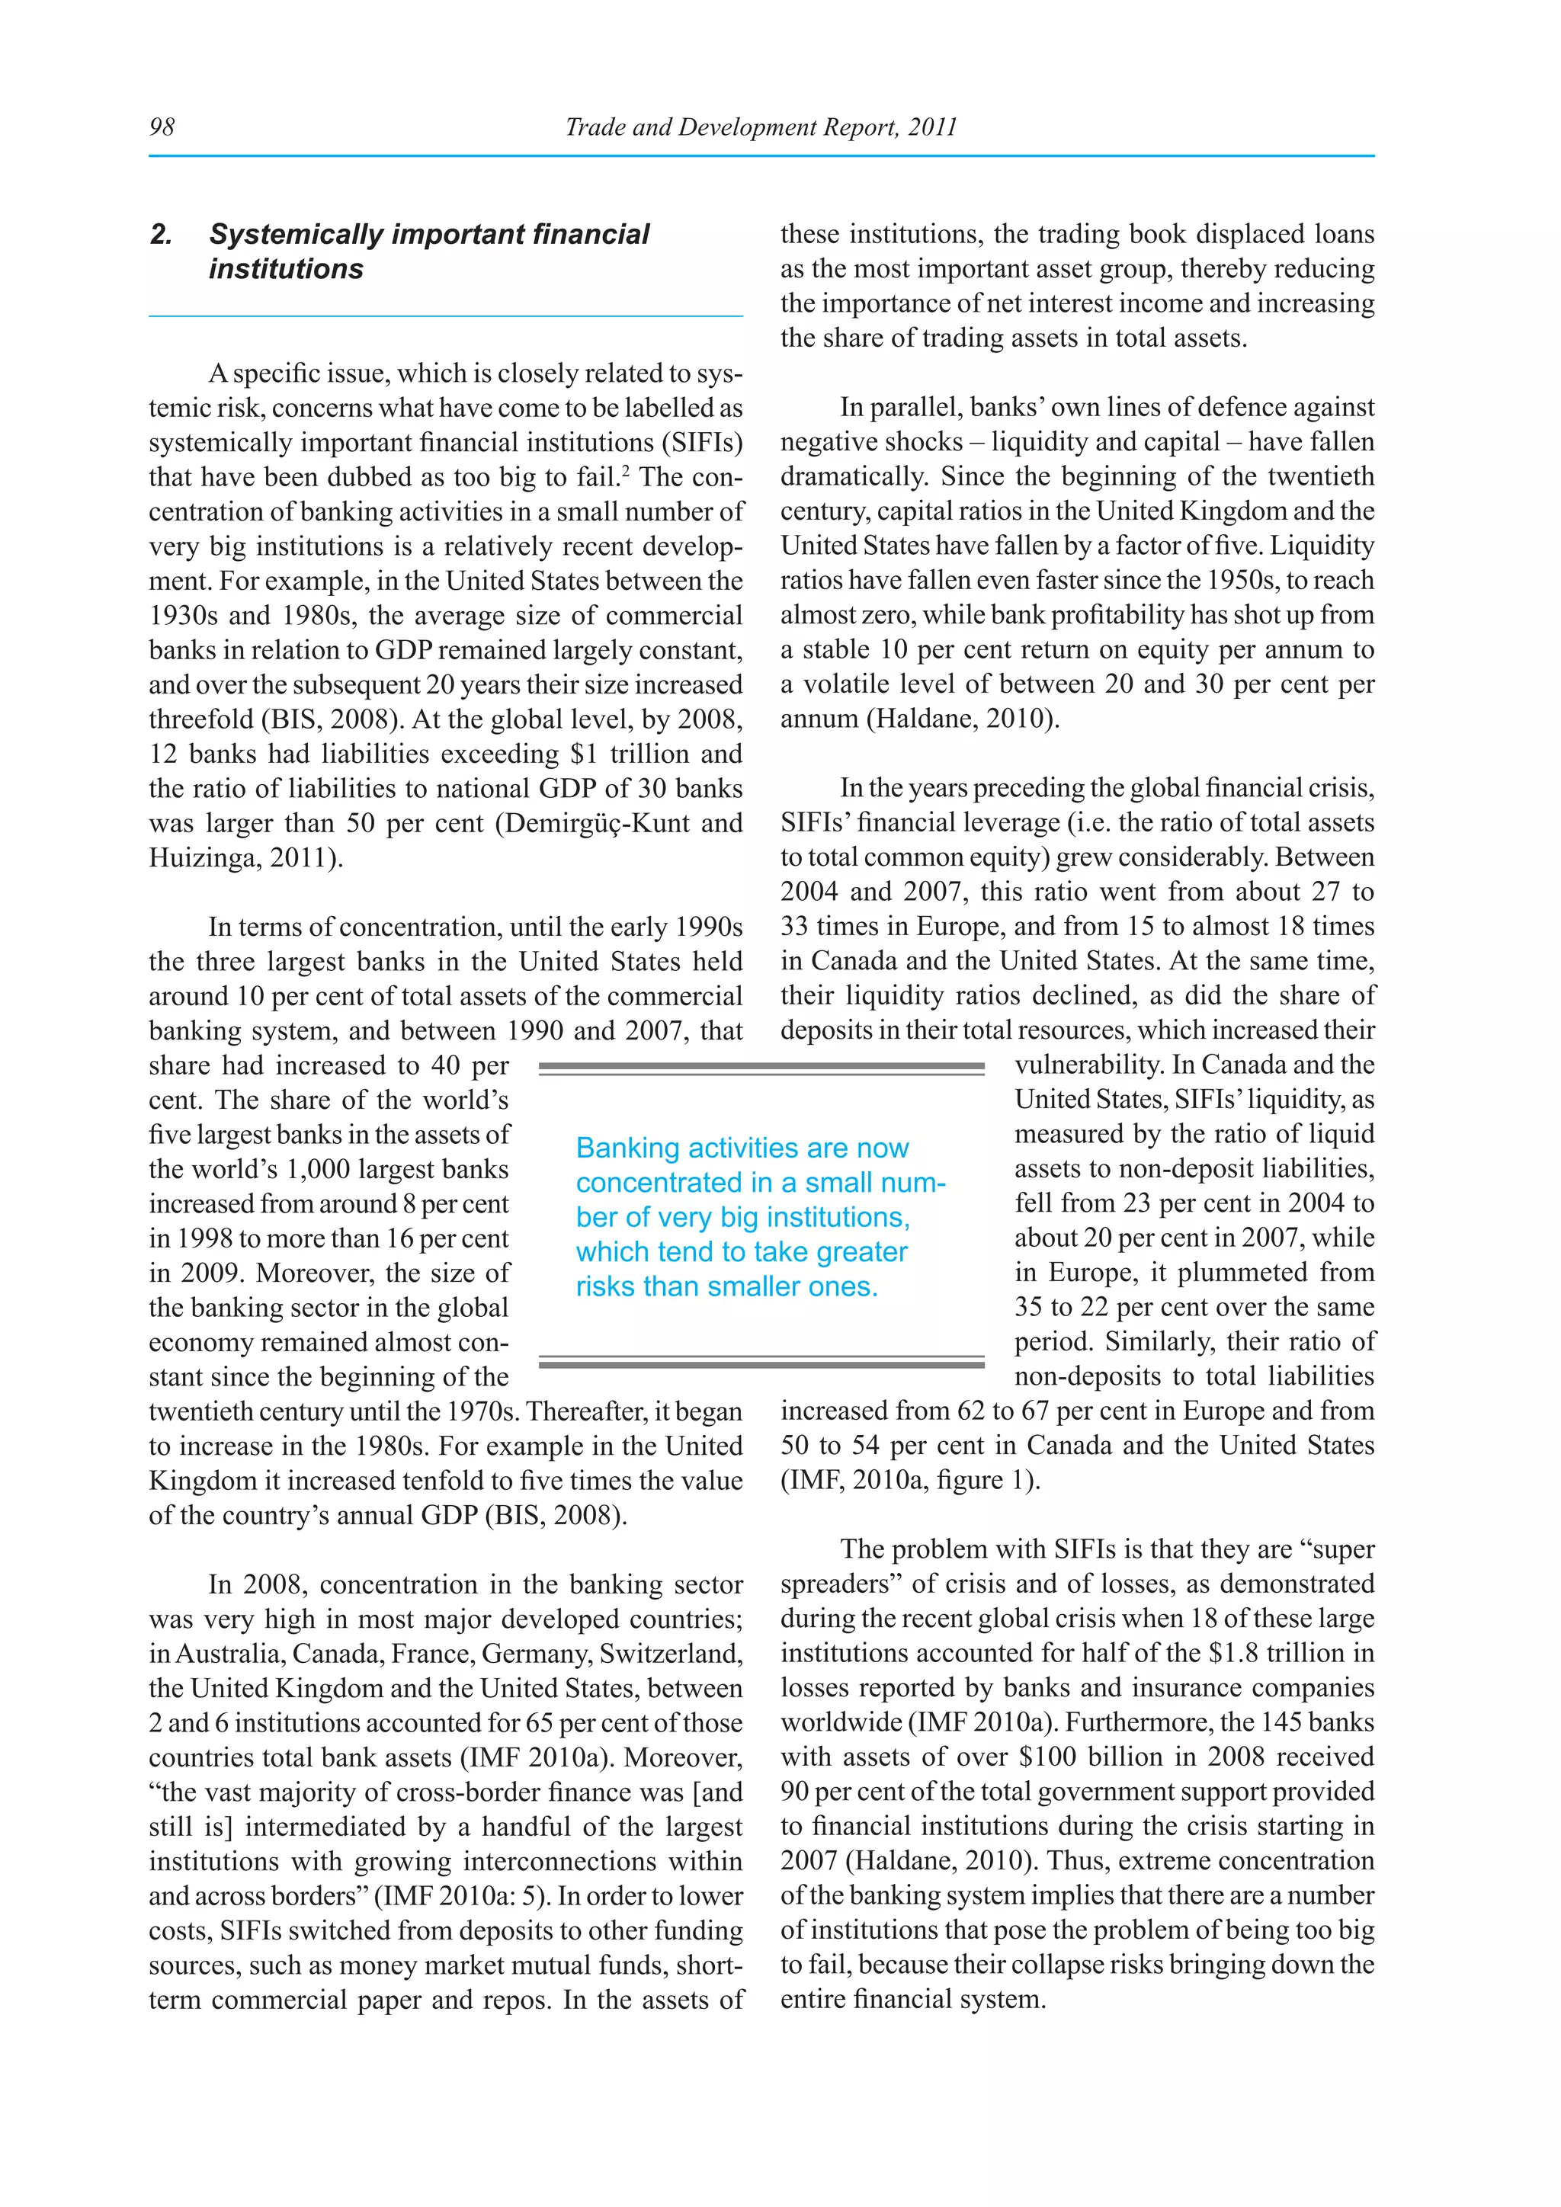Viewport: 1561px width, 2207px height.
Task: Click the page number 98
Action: pos(162,127)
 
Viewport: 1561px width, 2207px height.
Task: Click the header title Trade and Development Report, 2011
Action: pos(761,127)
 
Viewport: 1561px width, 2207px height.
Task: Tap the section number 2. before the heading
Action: pos(162,235)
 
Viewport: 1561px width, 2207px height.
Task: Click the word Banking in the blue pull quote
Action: pos(627,1148)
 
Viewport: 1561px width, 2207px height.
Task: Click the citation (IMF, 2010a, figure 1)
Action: pos(910,1480)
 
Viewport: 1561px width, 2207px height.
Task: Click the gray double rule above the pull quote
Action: pos(761,1067)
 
